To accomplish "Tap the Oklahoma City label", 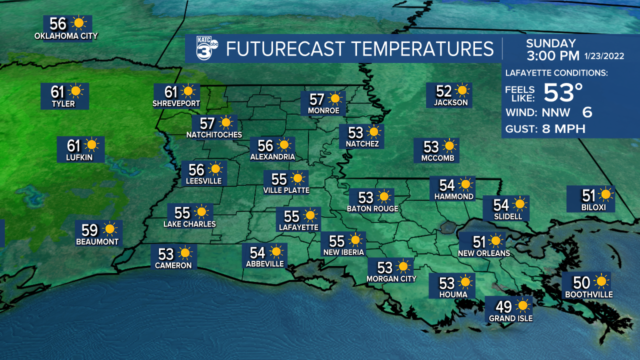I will pyautogui.click(x=66, y=36).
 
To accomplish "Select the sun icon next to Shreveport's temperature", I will pyautogui.click(x=188, y=91).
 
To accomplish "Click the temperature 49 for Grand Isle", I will pyautogui.click(x=503, y=305).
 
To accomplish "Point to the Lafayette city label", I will pyautogui.click(x=299, y=227).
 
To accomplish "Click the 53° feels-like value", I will pyautogui.click(x=563, y=92).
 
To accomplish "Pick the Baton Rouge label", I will pyautogui.click(x=372, y=208).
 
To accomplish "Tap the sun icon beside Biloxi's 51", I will pyautogui.click(x=606, y=194).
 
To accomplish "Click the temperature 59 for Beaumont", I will pyautogui.click(x=89, y=230).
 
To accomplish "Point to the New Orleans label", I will pyautogui.click(x=484, y=253).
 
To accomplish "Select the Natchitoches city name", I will pyautogui.click(x=214, y=134).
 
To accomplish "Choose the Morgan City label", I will pyautogui.click(x=391, y=278).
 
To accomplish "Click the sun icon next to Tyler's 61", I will pyautogui.click(x=76, y=91).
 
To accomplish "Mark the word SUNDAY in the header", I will pyautogui.click(x=551, y=43).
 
